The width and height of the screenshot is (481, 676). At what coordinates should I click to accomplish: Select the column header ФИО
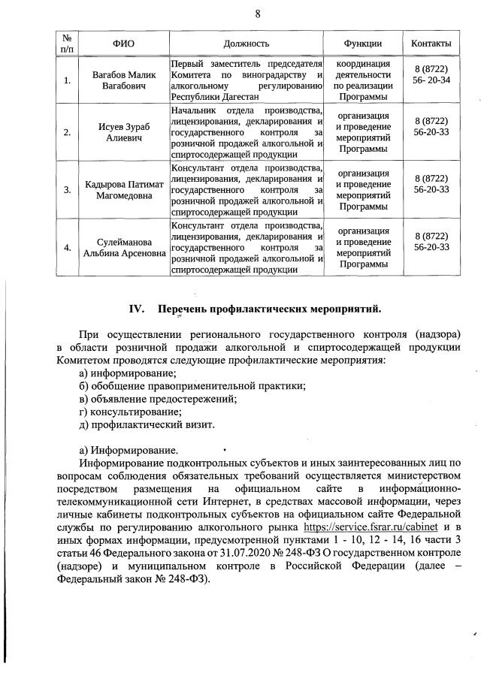point(123,44)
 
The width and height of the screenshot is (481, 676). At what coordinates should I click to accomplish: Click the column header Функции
point(363,44)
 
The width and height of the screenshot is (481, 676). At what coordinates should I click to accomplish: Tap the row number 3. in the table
point(67,190)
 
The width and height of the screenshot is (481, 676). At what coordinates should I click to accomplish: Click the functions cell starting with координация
point(363,81)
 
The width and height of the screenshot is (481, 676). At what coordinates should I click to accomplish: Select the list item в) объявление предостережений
point(158,398)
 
